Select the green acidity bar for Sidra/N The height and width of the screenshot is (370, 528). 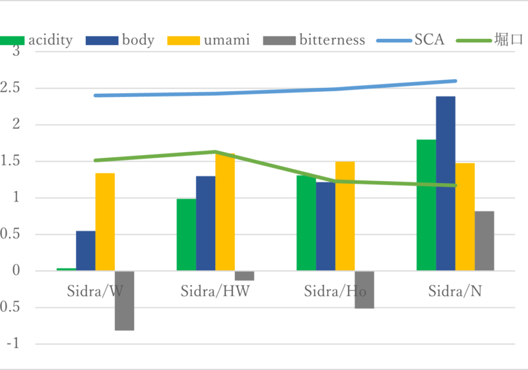[426, 205]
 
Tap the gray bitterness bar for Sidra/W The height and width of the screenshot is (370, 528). [124, 301]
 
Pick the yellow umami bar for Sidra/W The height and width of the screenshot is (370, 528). [105, 222]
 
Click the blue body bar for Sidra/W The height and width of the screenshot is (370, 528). [86, 250]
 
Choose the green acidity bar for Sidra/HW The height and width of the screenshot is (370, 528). [187, 235]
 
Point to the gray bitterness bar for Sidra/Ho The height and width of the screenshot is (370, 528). [364, 289]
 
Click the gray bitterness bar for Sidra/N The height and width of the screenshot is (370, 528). [484, 240]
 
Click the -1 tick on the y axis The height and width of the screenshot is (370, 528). [13, 344]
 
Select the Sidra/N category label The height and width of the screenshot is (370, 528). [455, 291]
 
